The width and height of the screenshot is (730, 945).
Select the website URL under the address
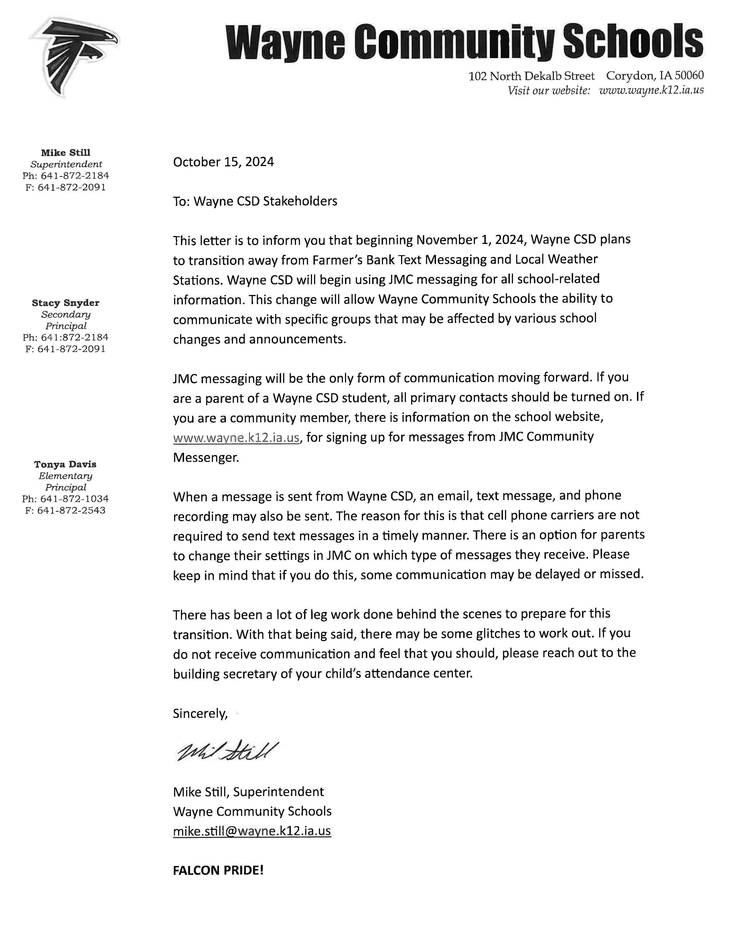tap(651, 90)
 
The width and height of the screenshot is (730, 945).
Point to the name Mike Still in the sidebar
tap(66, 152)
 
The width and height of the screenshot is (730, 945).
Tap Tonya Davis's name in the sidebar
tap(65, 464)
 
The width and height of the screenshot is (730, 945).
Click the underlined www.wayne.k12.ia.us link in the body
tap(236, 438)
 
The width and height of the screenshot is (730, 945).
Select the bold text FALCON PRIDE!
tap(218, 870)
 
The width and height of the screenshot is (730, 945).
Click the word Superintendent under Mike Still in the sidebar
tap(66, 164)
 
